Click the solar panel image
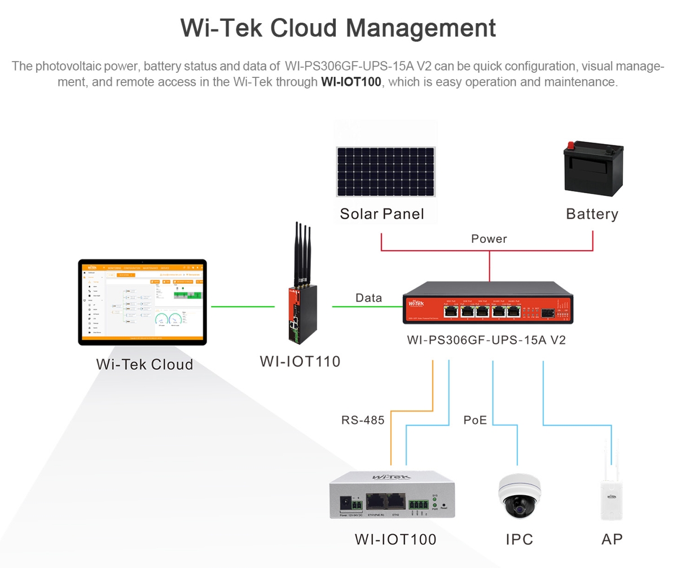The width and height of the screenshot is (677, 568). pos(386,172)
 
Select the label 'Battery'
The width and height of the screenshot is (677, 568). pos(592,214)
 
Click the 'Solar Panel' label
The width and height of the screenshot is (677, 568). pos(381,214)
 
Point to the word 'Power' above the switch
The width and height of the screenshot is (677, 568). pos(489,239)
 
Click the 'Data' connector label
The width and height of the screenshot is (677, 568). pos(369,298)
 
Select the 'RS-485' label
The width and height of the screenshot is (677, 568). pos(363,420)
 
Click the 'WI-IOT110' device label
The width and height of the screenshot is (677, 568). pos(300,361)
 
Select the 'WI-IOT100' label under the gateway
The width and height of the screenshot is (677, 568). pos(395,539)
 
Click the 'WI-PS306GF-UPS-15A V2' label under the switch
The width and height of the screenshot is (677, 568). pos(486,340)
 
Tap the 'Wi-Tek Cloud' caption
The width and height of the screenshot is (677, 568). pos(144,364)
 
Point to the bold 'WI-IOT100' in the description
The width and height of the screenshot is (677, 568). pos(351,82)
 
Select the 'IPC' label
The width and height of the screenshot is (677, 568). pos(519,539)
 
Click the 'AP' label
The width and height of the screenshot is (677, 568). pos(612,539)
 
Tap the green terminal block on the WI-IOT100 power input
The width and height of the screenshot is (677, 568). pos(357,501)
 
